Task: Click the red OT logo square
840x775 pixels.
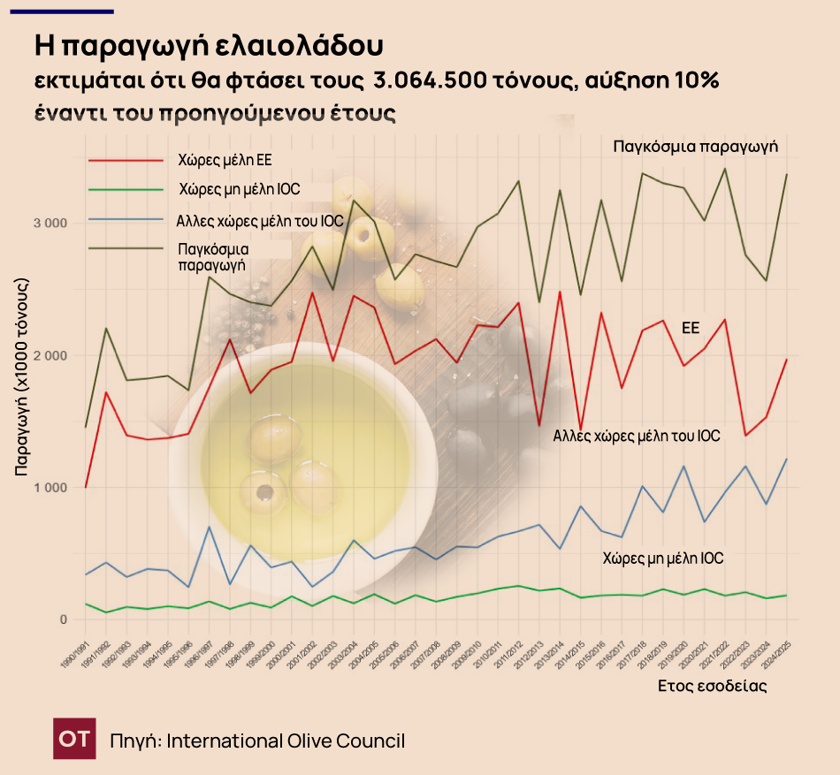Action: pyautogui.click(x=75, y=740)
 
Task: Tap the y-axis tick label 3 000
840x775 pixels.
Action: pyautogui.click(x=50, y=223)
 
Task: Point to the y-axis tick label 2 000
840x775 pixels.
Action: pyautogui.click(x=50, y=355)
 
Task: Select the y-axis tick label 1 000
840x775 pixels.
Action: pyautogui.click(x=50, y=488)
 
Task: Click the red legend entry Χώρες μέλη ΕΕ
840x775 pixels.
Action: pyautogui.click(x=225, y=160)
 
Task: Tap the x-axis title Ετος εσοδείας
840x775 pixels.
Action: pyautogui.click(x=712, y=686)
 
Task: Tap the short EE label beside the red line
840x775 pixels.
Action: pyautogui.click(x=691, y=327)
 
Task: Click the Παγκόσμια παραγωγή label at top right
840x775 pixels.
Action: pyautogui.click(x=695, y=146)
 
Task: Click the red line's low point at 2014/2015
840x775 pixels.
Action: pyautogui.click(x=580, y=429)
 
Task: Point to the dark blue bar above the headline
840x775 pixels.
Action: pyautogui.click(x=61, y=11)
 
